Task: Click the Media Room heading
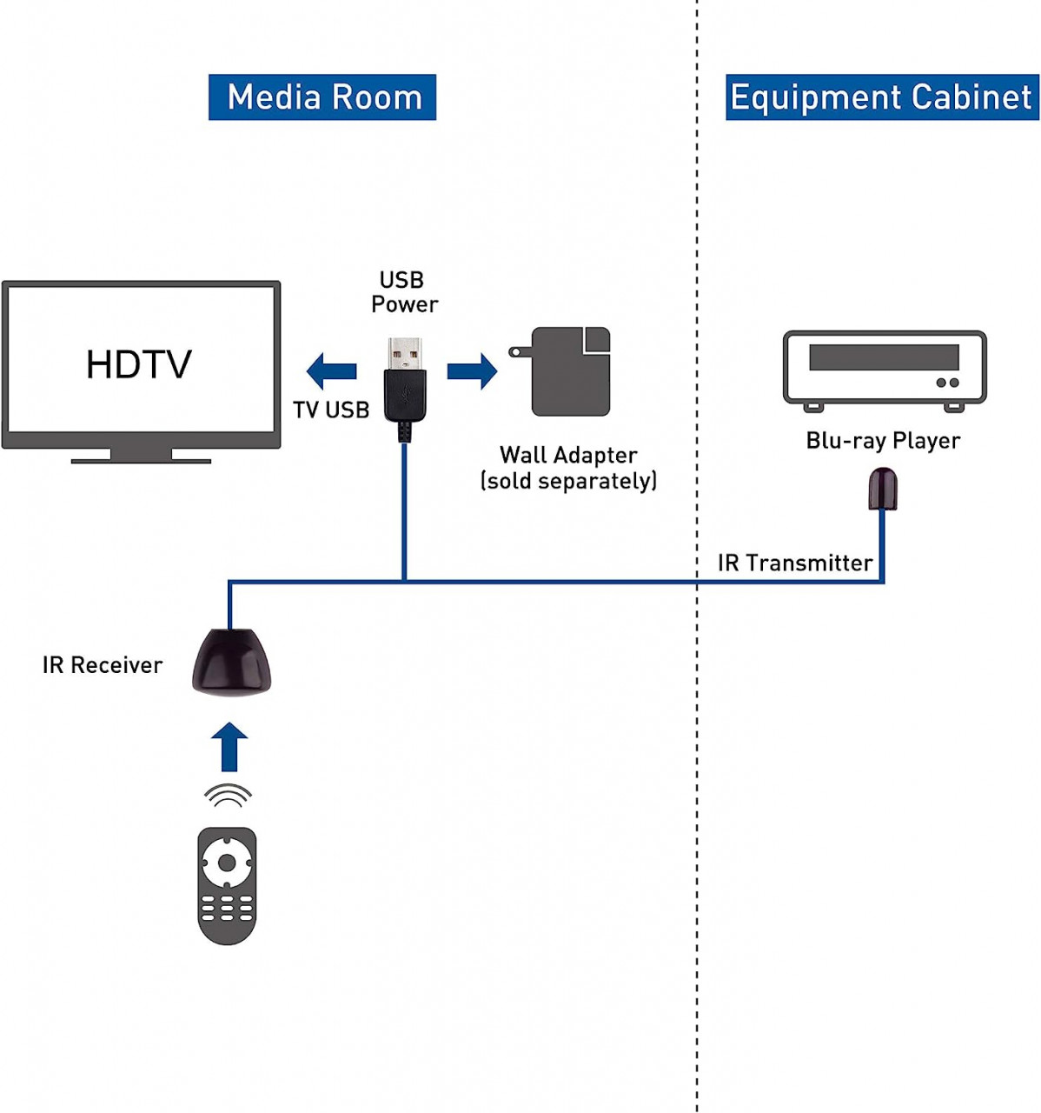322,97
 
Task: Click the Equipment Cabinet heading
881,97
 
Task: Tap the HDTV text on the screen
138,364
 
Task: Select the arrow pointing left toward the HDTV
331,371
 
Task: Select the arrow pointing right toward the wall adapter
472,371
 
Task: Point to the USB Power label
403,292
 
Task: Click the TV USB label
331,410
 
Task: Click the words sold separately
569,481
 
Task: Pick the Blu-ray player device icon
884,369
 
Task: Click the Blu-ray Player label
883,441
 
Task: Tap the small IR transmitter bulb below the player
883,489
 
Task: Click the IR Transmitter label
794,563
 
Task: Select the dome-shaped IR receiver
231,662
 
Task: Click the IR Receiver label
103,665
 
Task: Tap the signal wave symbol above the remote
228,795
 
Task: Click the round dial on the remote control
227,863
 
